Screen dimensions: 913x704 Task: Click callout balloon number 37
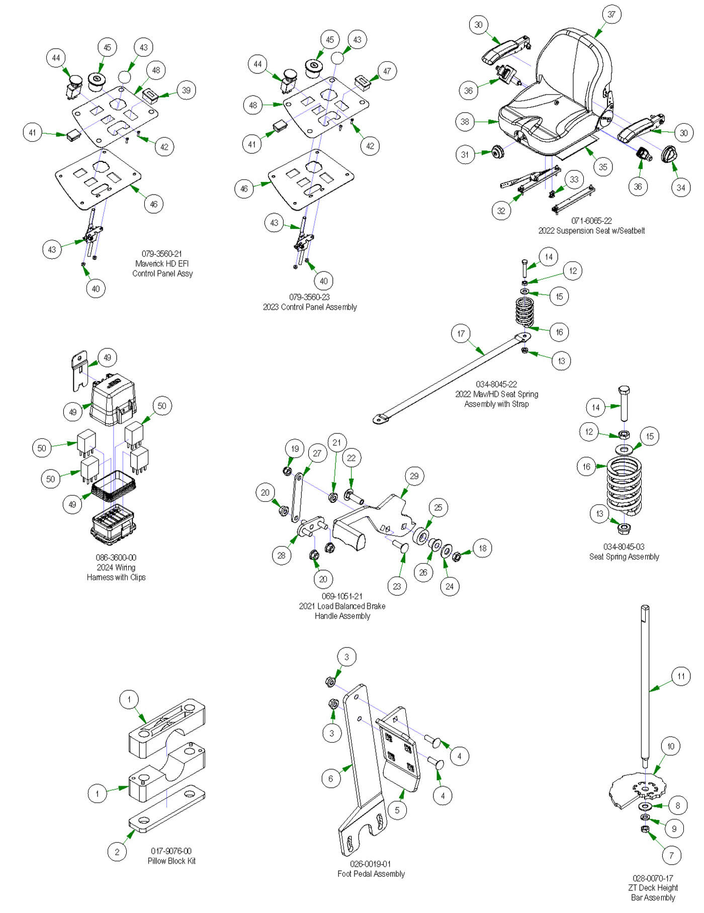tap(611, 14)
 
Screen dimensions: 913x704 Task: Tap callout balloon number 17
tap(461, 333)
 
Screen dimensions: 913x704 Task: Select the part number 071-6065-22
tap(591, 221)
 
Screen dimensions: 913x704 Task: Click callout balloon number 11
tap(681, 676)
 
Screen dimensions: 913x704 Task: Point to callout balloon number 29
tap(414, 476)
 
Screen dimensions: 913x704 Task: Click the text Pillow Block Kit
tap(171, 861)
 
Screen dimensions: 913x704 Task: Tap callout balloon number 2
tap(117, 852)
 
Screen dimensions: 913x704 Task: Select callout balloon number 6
tap(331, 779)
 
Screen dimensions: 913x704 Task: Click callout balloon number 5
tap(397, 810)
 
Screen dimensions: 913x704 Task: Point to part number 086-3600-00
tap(116, 558)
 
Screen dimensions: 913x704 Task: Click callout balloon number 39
tap(186, 90)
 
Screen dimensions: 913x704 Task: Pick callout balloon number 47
tap(387, 71)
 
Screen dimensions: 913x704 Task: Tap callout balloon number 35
tap(603, 167)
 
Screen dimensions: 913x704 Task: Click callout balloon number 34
tap(681, 188)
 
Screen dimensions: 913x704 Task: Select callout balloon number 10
tap(671, 746)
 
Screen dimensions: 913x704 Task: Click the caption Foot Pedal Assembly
tap(371, 874)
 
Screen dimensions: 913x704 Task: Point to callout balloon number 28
tap(281, 555)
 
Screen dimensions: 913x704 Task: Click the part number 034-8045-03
tap(624, 546)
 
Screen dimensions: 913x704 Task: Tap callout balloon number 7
tap(671, 855)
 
